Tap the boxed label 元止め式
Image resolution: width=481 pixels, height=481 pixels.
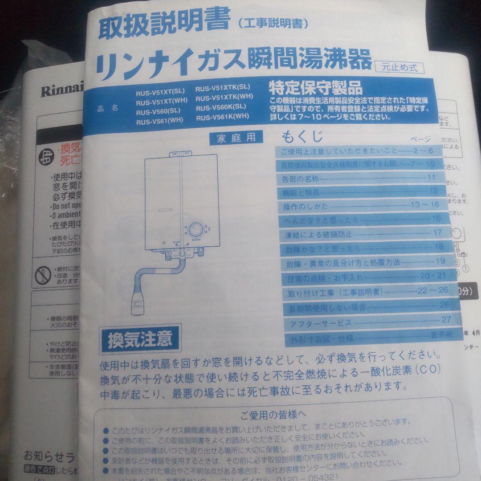pyautogui.click(x=399, y=68)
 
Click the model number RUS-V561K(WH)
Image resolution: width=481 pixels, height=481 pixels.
pyautogui.click(x=222, y=117)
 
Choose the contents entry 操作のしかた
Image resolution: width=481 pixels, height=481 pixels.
pyautogui.click(x=306, y=206)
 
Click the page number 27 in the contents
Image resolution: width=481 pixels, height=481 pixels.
pyautogui.click(x=446, y=319)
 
